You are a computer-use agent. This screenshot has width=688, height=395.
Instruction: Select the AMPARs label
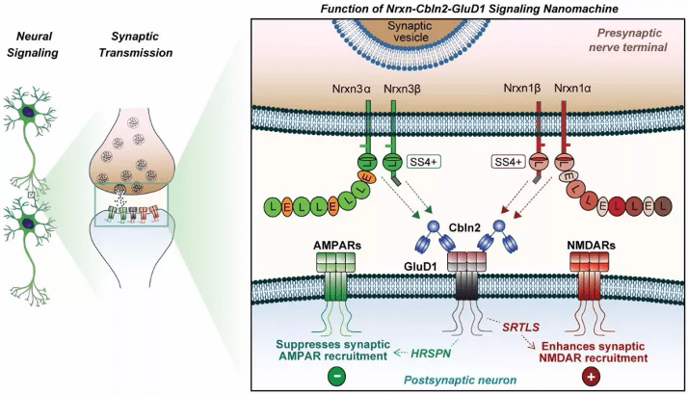[x=336, y=247]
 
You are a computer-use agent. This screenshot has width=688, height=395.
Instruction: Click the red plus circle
[x=593, y=376]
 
